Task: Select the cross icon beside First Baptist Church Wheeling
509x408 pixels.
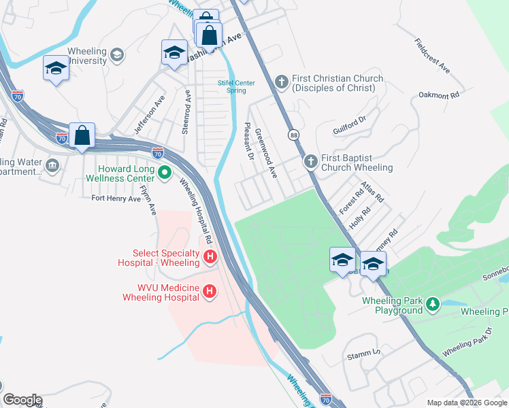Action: [x=310, y=162]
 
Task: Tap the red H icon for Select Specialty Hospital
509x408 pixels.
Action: [x=211, y=257]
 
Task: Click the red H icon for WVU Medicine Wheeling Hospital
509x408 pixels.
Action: [x=211, y=292]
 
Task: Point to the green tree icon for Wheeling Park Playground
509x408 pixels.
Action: [x=433, y=305]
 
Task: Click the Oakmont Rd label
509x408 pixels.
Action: [x=439, y=95]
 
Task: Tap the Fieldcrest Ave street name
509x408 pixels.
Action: [x=431, y=56]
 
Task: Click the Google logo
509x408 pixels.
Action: [x=22, y=400]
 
